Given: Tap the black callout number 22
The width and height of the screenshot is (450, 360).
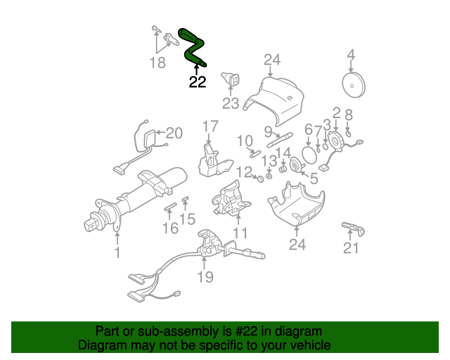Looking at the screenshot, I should coord(198,82).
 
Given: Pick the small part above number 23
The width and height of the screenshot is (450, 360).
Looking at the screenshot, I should coord(230,79).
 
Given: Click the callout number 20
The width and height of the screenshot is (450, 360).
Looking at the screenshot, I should coord(174,132).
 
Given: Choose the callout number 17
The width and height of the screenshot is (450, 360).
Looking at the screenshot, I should coord(211,127).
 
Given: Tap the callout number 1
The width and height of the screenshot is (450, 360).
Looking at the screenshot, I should coord(117,252).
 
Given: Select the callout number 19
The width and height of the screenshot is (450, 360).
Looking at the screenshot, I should coord(205,277).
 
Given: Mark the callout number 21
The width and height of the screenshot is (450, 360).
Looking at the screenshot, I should coord(351,247).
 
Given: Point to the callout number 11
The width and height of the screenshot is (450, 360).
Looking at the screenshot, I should coord(240,232).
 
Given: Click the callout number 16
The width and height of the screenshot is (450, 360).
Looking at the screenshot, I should coord(169,228).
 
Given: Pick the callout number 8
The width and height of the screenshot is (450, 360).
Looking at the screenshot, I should coord(348,113).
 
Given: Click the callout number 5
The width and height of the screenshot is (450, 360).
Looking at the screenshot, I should coord(313,179).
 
